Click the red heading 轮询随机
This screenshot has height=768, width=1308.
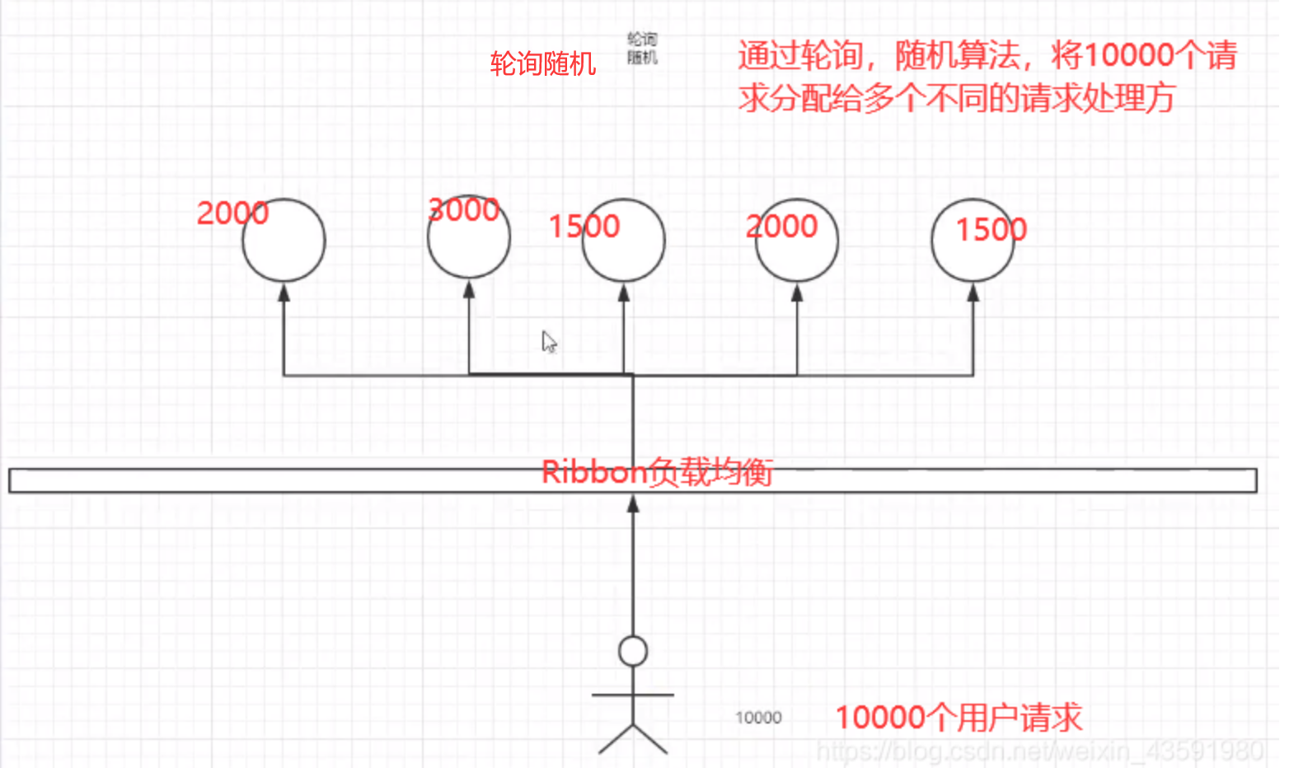click(542, 63)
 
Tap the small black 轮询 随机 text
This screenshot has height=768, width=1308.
click(642, 48)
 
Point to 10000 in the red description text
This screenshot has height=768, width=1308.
click(1129, 55)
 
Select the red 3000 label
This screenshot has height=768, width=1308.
click(464, 210)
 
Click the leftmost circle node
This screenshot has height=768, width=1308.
click(284, 241)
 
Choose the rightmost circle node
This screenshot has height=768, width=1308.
click(973, 241)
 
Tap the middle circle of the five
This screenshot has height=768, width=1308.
click(623, 241)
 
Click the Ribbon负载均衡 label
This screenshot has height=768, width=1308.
click(657, 472)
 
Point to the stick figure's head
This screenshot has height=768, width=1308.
click(633, 651)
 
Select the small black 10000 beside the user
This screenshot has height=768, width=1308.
click(758, 718)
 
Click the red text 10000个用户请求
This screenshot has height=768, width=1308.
click(959, 718)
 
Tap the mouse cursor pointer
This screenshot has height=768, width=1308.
click(549, 341)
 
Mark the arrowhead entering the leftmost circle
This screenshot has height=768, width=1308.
click(284, 292)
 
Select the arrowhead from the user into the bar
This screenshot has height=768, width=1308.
click(633, 504)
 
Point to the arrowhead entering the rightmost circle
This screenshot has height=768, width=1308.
click(973, 292)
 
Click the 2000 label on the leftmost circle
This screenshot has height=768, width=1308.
click(232, 213)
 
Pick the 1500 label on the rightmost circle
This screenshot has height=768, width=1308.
click(991, 229)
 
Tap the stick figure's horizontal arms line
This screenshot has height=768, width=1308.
click(633, 695)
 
